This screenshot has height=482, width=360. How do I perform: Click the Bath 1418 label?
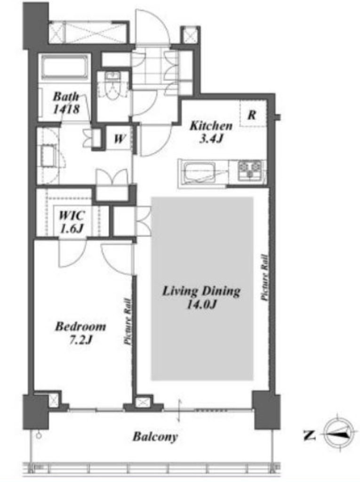pyautogui.click(x=66, y=103)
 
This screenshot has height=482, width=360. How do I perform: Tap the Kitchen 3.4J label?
pyautogui.click(x=211, y=132)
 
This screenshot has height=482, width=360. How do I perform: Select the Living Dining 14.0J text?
pyautogui.click(x=201, y=297)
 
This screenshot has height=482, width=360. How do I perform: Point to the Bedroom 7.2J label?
pyautogui.click(x=80, y=333)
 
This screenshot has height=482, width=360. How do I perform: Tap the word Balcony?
pyautogui.click(x=155, y=436)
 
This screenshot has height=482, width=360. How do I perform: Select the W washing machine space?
pyautogui.click(x=119, y=139)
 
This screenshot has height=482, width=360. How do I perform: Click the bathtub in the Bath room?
pyautogui.click(x=64, y=68)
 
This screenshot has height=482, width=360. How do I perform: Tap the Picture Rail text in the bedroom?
pyautogui.click(x=128, y=321)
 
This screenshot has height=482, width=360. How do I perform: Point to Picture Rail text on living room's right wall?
pyautogui.click(x=264, y=277)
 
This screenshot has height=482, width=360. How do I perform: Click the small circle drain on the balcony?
pyautogui.click(x=39, y=435)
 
